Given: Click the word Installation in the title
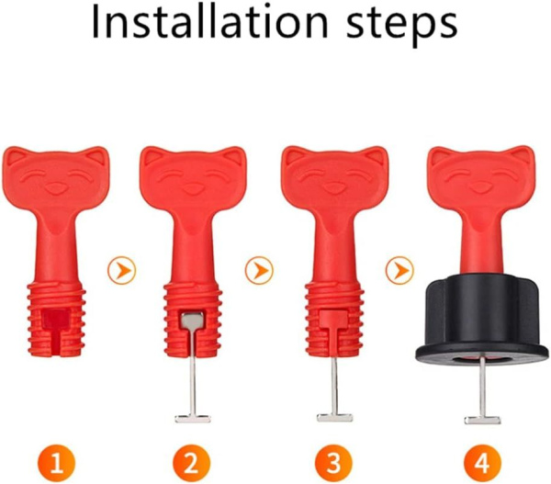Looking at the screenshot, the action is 210,21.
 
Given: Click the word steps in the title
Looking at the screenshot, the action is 402,24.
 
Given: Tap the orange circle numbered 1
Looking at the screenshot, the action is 57,463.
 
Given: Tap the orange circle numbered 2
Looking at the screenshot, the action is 192,463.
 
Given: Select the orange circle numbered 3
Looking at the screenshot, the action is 333,463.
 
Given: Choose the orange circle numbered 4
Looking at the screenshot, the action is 482,463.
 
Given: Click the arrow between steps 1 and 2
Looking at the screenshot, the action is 121,270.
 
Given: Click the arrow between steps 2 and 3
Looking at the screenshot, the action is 259,270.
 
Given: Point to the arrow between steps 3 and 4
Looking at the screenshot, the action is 399,270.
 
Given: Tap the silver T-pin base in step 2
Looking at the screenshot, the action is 193,419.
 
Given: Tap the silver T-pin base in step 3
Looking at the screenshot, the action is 334,418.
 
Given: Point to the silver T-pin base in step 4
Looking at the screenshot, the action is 482,420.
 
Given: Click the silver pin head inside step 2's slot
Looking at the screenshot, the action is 192,321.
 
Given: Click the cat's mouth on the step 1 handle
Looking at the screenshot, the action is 55,189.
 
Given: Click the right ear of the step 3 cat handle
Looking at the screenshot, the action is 375,156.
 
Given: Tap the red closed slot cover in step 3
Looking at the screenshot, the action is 334,319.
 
